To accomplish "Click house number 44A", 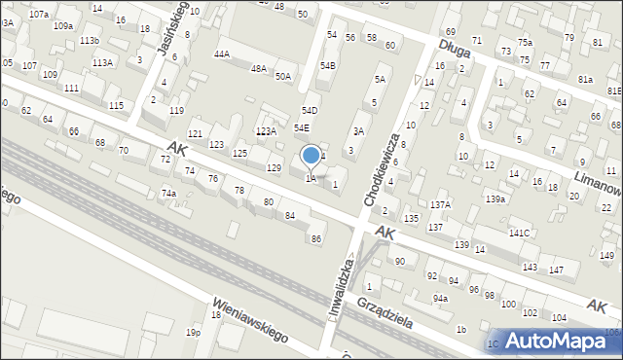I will click(x=222, y=54).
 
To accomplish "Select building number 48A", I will click(x=258, y=69).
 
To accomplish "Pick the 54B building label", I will click(x=328, y=65).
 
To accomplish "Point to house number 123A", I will click(x=266, y=130).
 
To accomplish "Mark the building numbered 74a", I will click(x=168, y=194).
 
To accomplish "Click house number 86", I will click(x=315, y=238).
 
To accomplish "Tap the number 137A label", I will click(x=441, y=204).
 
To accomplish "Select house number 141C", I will click(x=519, y=233).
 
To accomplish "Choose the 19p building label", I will click(x=194, y=333).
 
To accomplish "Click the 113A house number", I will click(x=101, y=62).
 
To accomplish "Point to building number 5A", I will click(x=380, y=80).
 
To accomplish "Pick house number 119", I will click(x=176, y=111).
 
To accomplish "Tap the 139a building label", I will click(x=496, y=198).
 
